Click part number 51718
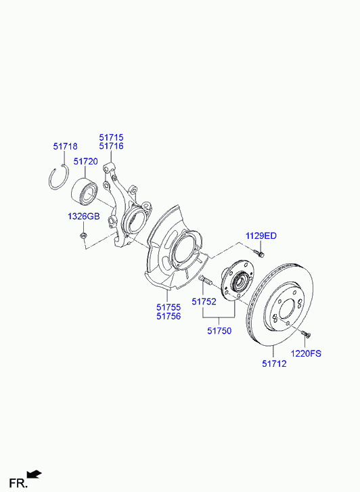coord(65,146)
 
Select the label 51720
coord(86,162)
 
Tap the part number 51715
coord(112,137)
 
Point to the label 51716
coord(112,146)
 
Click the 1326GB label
coord(84,216)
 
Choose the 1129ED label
coord(261,236)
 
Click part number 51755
coord(169,307)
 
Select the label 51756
coord(169,316)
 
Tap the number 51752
coord(204,302)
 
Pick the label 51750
coord(219,331)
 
